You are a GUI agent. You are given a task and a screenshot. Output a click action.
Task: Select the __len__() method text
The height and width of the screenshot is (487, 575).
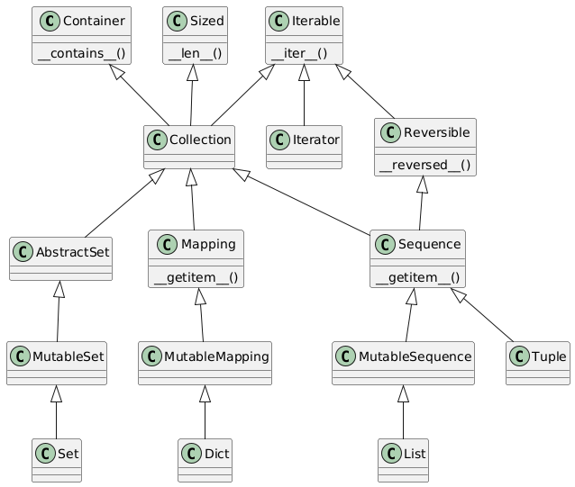click(x=195, y=54)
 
